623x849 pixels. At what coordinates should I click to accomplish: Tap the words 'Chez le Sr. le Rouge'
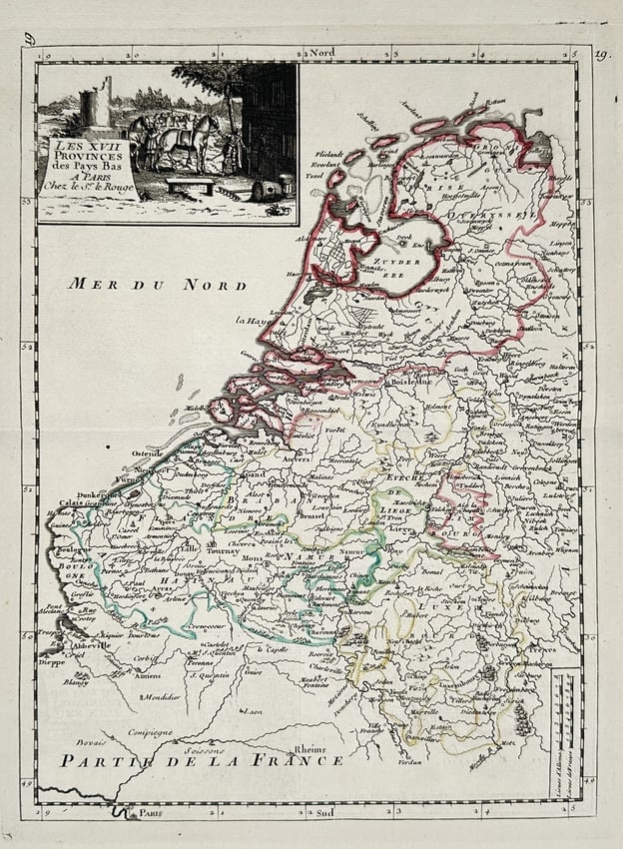coord(88,186)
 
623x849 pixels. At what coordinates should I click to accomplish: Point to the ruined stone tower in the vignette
coord(96,104)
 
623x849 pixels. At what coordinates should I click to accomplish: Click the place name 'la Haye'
coord(254,321)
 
